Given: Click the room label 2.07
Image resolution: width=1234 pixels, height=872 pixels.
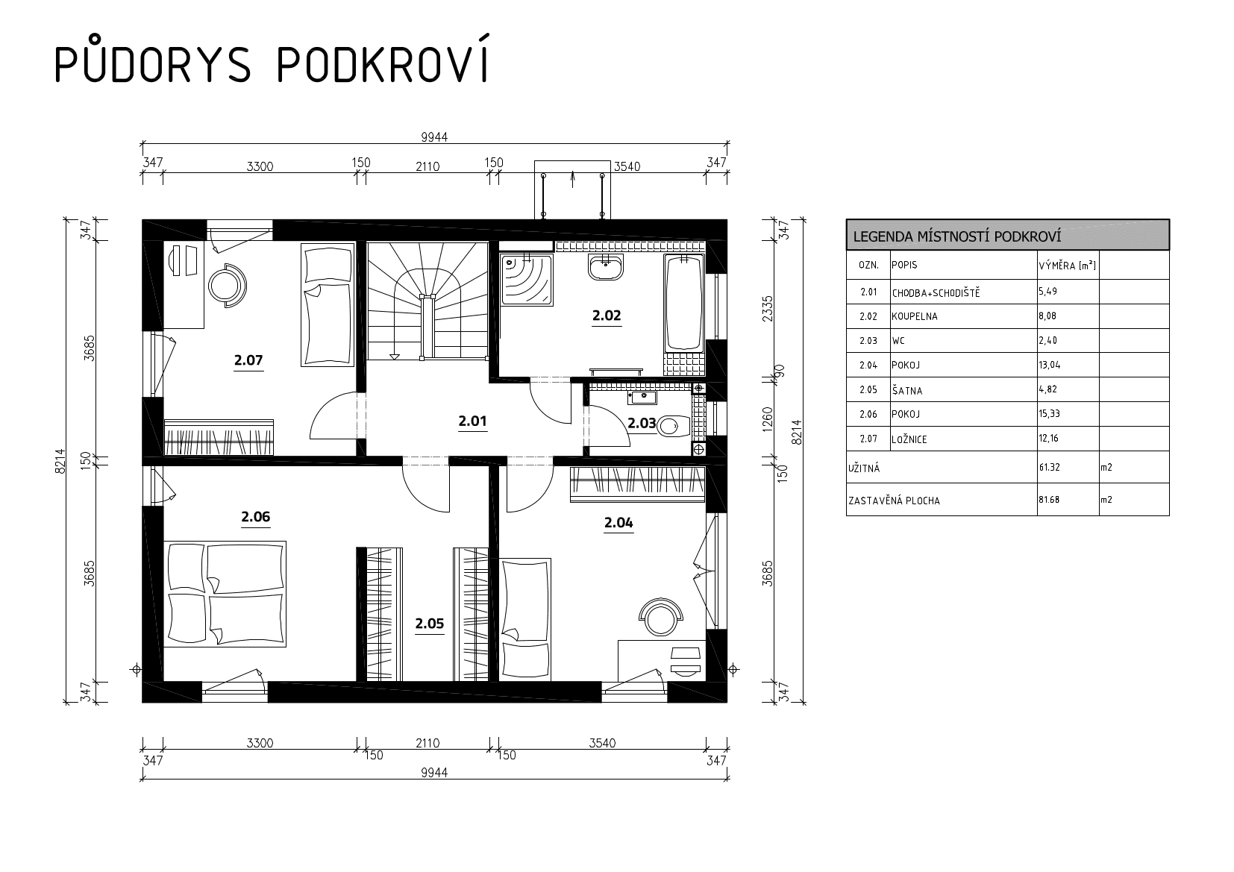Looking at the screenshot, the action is pos(248,360).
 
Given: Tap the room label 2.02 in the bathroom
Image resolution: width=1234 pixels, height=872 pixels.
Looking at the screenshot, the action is pos(607,316).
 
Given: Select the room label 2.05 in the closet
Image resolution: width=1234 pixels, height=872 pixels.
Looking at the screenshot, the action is pos(429,624).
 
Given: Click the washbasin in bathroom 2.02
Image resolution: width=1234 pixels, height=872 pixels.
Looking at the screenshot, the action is pos(606,267).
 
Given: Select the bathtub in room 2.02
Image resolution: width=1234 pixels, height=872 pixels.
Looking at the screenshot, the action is pos(683,302).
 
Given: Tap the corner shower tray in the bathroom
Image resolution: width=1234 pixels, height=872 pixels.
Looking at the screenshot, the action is pos(526,280).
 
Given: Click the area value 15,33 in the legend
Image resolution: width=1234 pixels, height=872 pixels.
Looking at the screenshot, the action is pos(1049,414).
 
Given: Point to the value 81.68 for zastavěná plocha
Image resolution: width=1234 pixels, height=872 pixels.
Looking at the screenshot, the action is pos(1049,500).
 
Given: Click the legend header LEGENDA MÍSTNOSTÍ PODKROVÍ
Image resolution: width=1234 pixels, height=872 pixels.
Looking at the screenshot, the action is pos(957,237).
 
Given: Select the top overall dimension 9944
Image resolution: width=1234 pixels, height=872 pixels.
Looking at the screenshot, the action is pos(435,137).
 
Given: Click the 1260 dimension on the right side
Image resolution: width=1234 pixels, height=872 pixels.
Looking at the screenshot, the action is pos(768,419).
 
